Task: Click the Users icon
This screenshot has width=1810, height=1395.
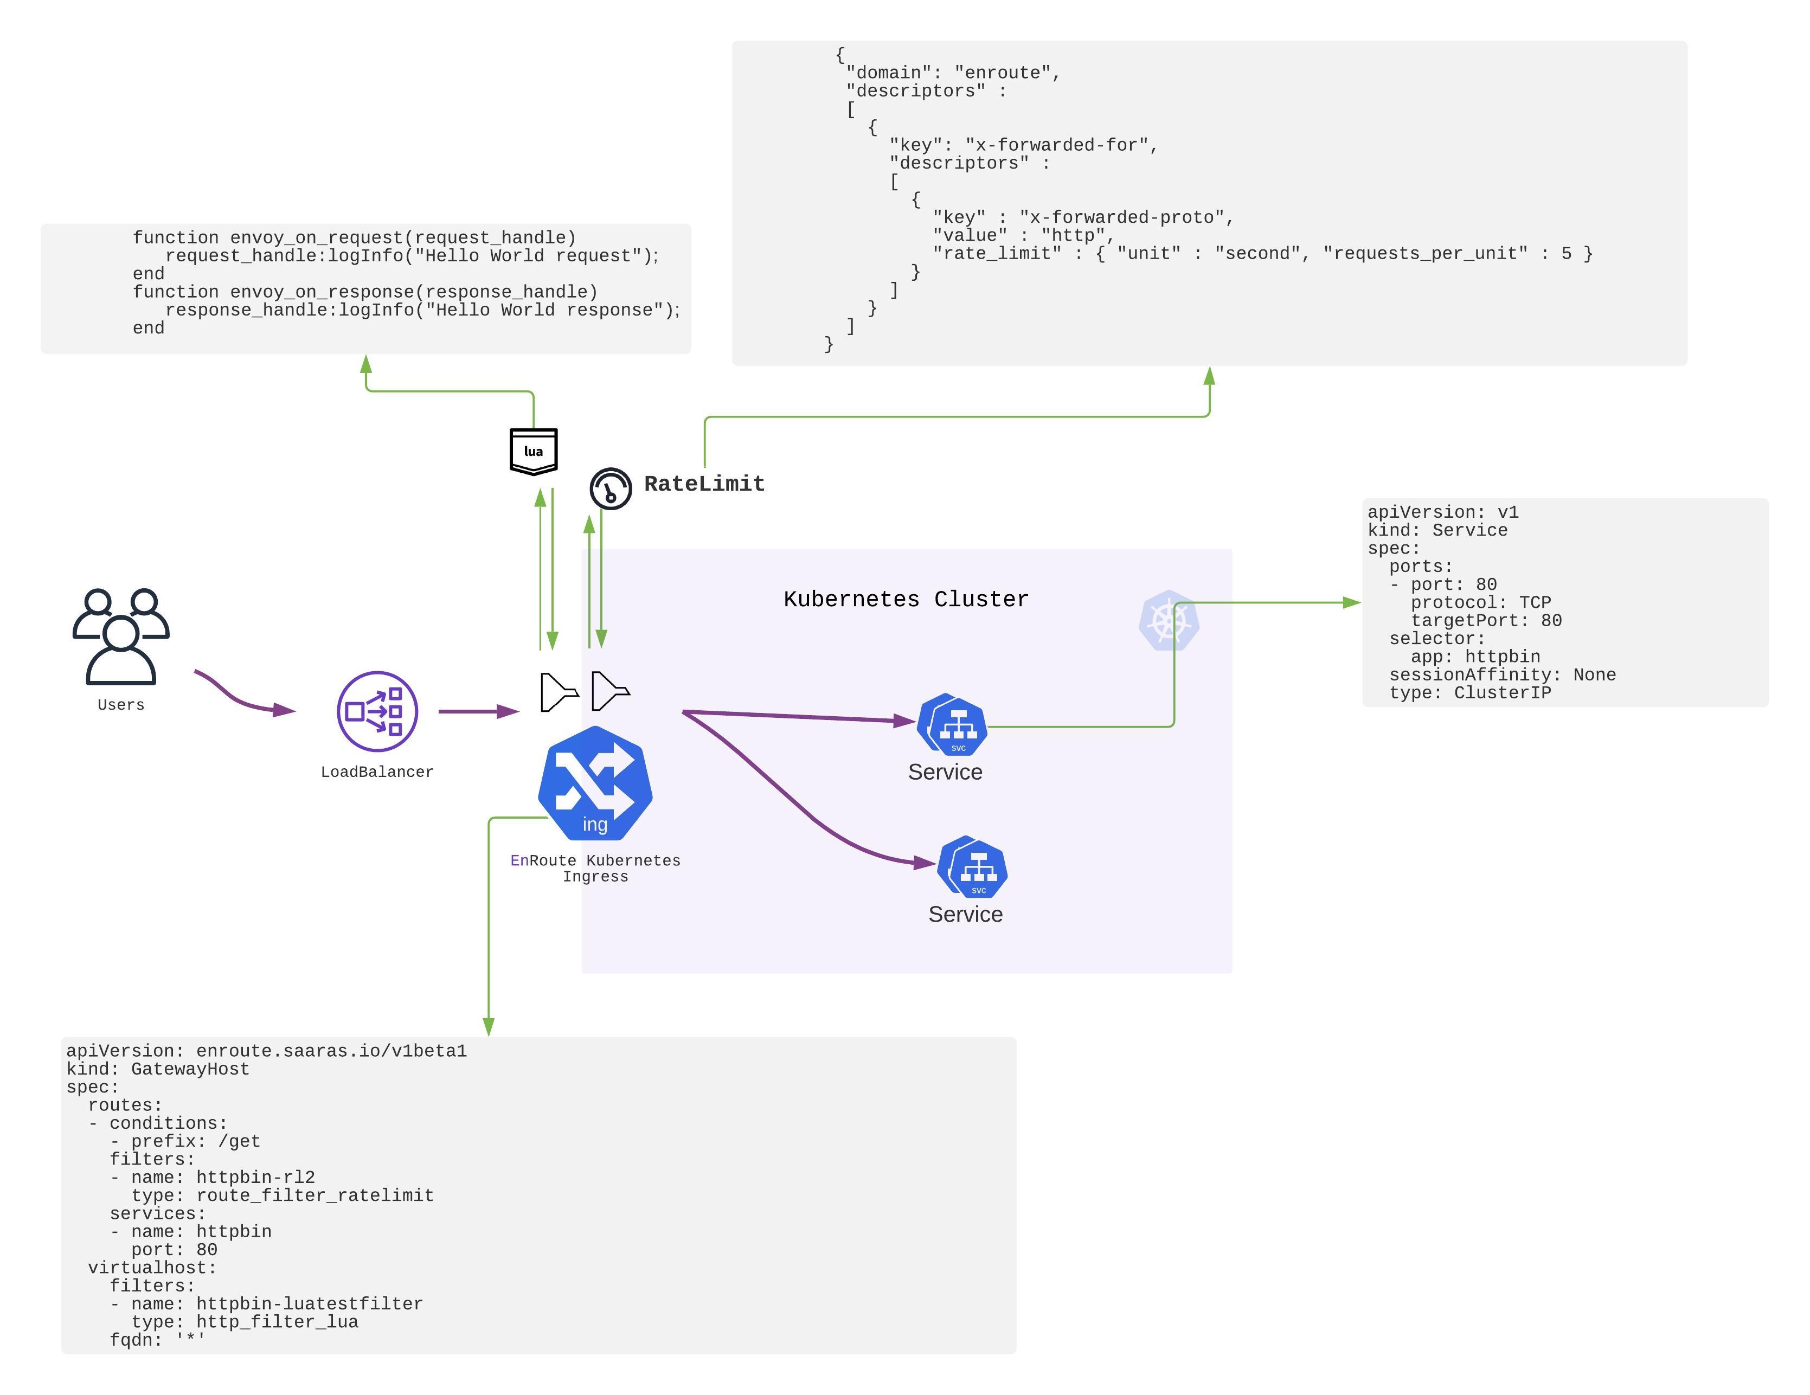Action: (x=121, y=636)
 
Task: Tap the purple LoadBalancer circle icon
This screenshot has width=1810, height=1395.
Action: (x=377, y=711)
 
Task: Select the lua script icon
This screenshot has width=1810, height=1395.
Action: (x=533, y=451)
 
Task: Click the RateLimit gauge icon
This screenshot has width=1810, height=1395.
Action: (x=611, y=488)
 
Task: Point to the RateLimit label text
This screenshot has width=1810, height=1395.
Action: (x=704, y=484)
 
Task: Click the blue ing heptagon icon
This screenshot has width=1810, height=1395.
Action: (x=595, y=784)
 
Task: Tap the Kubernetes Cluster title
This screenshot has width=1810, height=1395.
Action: (x=906, y=599)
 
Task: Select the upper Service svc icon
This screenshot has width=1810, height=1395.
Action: (x=953, y=724)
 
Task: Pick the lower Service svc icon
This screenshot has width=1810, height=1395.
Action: (x=973, y=867)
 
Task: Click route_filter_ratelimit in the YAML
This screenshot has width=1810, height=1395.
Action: (x=315, y=1195)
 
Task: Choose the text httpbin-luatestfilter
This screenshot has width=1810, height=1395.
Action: (x=309, y=1304)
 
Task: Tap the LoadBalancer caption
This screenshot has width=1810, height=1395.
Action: (x=377, y=772)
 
